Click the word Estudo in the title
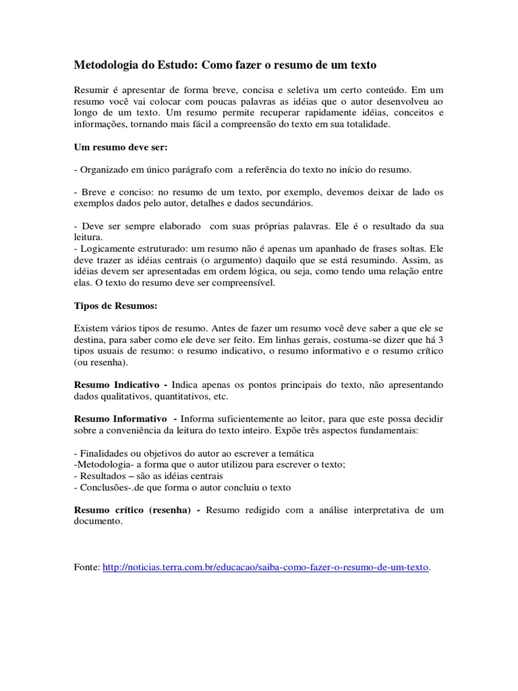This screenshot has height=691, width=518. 169,65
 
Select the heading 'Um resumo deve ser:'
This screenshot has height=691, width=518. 115,146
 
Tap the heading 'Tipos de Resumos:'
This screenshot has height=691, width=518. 115,306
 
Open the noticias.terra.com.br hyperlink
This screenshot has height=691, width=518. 266,568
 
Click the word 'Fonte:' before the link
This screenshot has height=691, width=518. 86,568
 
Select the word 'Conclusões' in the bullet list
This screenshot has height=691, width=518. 105,487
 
